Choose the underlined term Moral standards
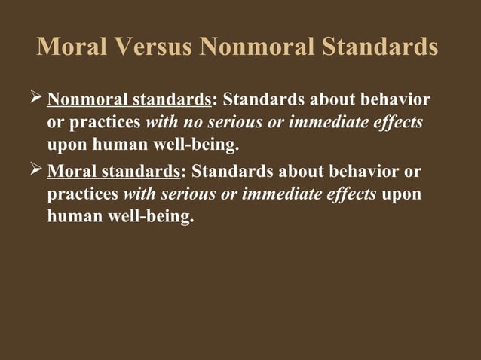coord(114,172)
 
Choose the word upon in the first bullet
coord(66,144)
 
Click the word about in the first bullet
coord(321,100)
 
